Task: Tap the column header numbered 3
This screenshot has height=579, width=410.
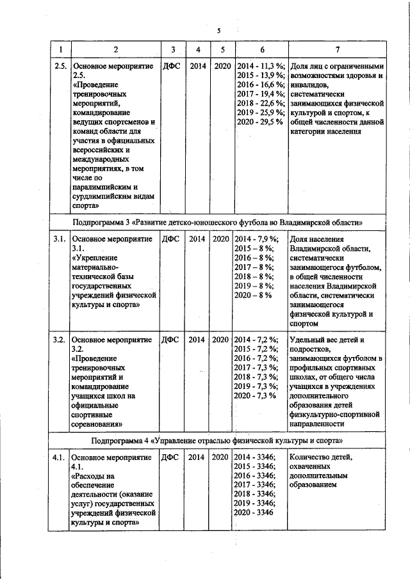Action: click(x=173, y=50)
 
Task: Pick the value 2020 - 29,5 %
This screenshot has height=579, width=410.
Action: click(x=260, y=122)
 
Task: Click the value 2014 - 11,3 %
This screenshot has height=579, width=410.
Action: click(x=260, y=67)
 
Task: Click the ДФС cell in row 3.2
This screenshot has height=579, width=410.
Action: click(x=171, y=340)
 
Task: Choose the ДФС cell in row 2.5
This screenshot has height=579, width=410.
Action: click(x=171, y=67)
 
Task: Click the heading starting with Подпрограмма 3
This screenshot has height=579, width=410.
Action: click(x=218, y=222)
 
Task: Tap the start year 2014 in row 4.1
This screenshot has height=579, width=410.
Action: click(x=198, y=458)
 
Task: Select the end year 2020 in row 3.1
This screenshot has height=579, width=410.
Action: click(x=222, y=239)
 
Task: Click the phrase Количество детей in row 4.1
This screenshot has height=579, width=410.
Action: click(x=321, y=458)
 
